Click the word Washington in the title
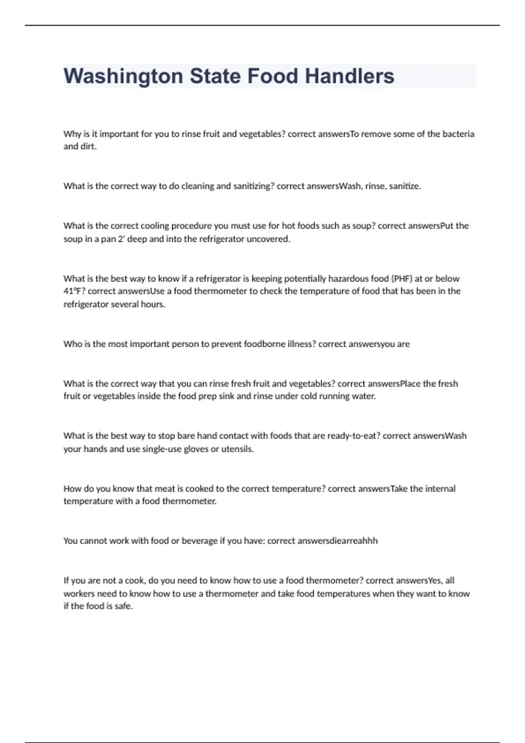pos(123,76)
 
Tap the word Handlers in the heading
pos(350,76)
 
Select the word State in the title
pos(214,76)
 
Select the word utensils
pos(237,449)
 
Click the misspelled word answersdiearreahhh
pos(337,541)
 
